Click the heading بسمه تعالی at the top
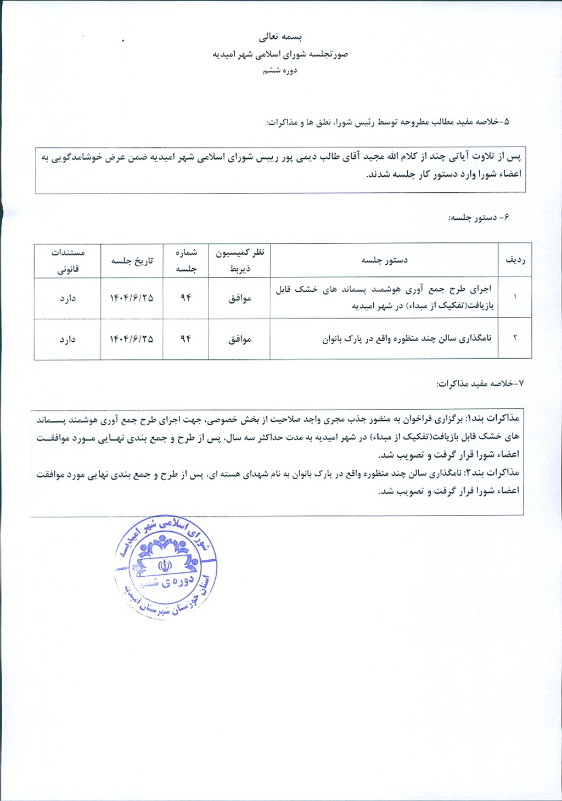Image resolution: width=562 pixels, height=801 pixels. (x=280, y=37)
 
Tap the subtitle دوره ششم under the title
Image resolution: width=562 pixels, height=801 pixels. (x=280, y=70)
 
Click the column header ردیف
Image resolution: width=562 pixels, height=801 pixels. (x=515, y=260)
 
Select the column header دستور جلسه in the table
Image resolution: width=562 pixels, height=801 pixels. (x=384, y=260)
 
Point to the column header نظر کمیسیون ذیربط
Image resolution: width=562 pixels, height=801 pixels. (x=240, y=260)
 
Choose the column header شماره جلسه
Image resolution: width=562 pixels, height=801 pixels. (x=186, y=260)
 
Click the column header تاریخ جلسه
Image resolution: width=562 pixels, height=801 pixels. (x=132, y=260)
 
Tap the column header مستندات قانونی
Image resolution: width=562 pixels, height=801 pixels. (x=68, y=260)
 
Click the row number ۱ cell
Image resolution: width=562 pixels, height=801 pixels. (x=515, y=297)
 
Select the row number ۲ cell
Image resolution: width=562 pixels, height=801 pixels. (x=515, y=338)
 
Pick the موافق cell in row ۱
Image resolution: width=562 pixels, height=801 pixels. (x=240, y=298)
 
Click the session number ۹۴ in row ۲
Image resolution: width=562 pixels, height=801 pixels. (x=186, y=339)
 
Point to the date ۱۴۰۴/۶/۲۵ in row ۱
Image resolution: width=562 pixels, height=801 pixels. (x=132, y=298)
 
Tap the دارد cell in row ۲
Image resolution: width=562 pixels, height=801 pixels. (x=68, y=340)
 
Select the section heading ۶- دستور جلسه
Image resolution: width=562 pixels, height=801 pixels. (x=479, y=218)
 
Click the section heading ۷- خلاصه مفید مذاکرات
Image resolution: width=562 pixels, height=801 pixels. (x=480, y=383)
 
